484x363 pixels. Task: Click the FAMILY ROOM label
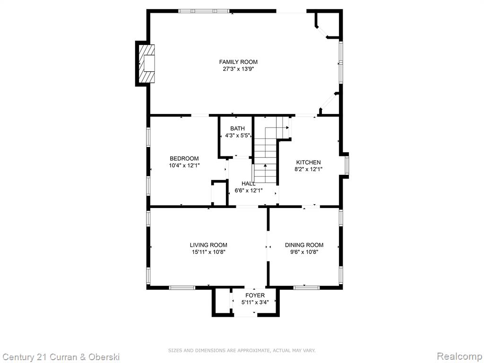coord(238,62)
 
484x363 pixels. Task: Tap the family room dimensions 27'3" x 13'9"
coord(238,69)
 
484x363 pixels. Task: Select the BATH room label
coord(237,129)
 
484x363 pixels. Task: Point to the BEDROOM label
coord(184,159)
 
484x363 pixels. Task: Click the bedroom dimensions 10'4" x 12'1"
coord(184,165)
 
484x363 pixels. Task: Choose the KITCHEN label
coord(308,163)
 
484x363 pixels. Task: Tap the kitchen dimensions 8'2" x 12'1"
coord(308,169)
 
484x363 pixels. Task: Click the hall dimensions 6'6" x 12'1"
coord(249,191)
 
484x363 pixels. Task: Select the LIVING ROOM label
coord(208,245)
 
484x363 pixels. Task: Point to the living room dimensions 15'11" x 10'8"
coord(208,252)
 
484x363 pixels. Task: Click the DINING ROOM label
coord(304,245)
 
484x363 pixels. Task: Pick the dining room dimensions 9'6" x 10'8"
coord(304,252)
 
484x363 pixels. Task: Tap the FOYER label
coord(255,295)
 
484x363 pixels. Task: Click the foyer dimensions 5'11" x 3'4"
coord(255,302)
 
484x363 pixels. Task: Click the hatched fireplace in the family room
coord(146,64)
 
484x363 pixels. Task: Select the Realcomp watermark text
coord(459,356)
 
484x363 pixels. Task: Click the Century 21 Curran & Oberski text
coord(60,357)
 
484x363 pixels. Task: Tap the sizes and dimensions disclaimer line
coord(242,350)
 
